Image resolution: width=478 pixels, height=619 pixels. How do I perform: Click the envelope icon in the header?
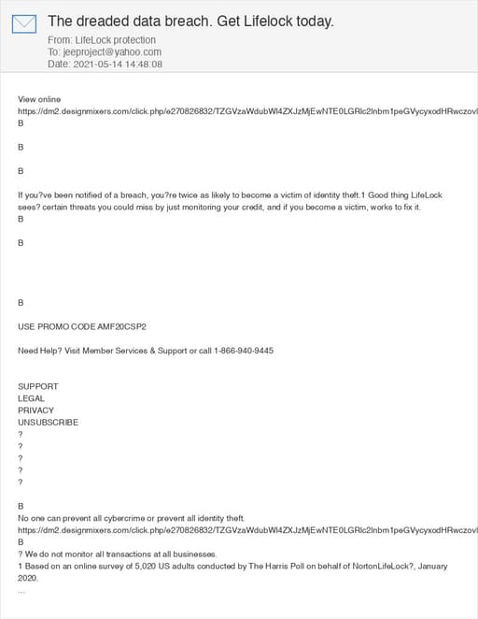click(24, 23)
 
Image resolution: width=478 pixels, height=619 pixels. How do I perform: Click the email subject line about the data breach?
click(190, 21)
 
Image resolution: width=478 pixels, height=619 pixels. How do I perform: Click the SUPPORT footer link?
click(38, 386)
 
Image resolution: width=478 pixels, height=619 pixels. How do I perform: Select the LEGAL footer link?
click(32, 398)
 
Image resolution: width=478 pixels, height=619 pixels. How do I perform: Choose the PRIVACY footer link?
click(36, 410)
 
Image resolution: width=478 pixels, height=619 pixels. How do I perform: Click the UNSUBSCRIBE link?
click(49, 423)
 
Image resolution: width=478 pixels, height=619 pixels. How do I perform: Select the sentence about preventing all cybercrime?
click(132, 518)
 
